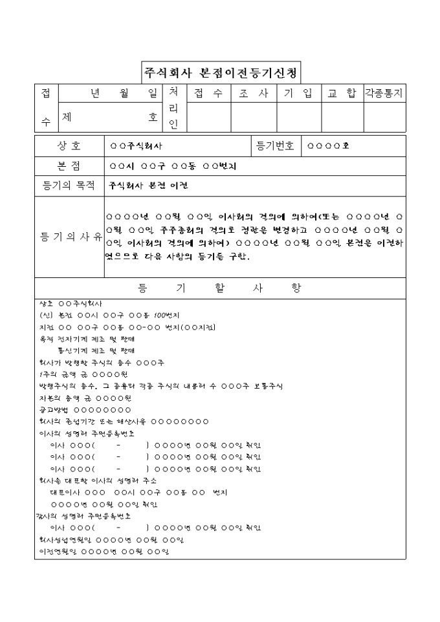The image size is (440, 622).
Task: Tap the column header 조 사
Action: tap(254, 93)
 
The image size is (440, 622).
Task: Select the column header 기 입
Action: tap(298, 93)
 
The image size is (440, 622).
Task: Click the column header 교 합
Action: tap(342, 93)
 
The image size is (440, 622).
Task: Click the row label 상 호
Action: tap(69, 146)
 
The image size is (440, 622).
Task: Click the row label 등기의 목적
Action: tap(69, 186)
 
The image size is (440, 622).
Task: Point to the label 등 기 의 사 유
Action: tap(69, 237)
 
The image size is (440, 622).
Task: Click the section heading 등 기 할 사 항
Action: tap(220, 288)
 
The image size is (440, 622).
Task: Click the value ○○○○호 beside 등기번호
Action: tap(328, 146)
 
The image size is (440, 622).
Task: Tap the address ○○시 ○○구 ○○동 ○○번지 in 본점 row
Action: tap(173, 166)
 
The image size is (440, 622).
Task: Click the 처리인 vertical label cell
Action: tap(173, 108)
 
